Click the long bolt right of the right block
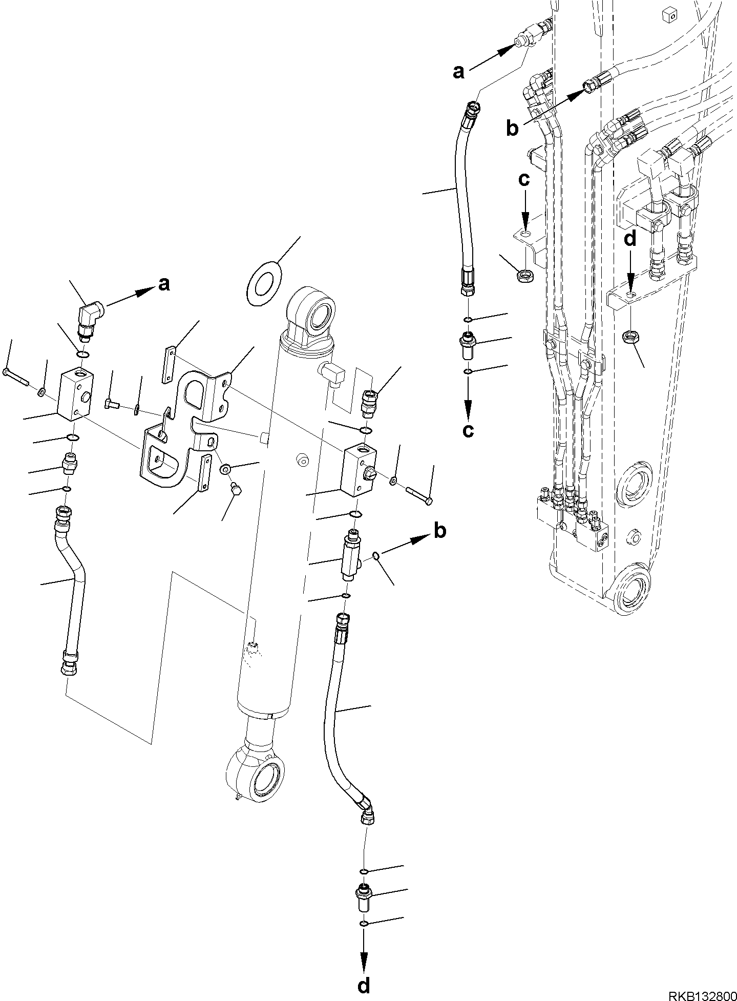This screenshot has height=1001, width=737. pyautogui.click(x=419, y=495)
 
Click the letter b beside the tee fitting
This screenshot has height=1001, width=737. pyautogui.click(x=439, y=531)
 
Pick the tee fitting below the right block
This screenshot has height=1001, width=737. pyautogui.click(x=351, y=556)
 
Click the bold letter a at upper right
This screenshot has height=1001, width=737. pyautogui.click(x=458, y=72)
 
